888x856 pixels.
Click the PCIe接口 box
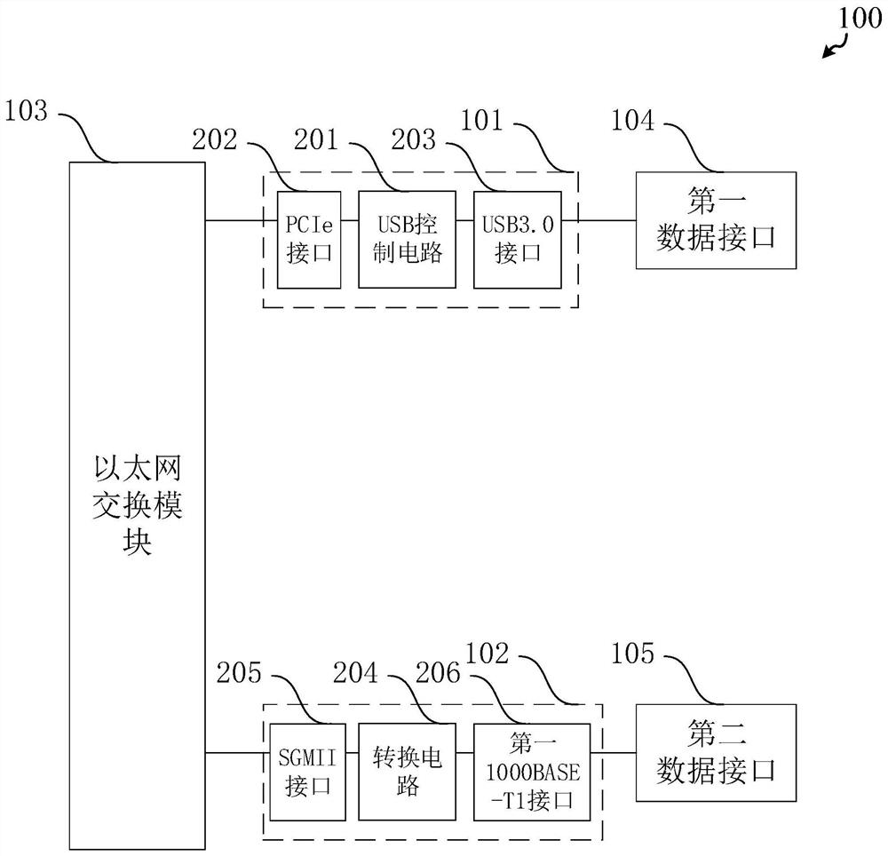(x=309, y=239)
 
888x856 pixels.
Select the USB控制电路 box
(x=407, y=239)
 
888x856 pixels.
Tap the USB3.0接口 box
(x=517, y=239)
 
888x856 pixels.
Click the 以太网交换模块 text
(x=137, y=504)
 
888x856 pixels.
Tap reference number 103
(x=32, y=112)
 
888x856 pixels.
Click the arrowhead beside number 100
(x=826, y=55)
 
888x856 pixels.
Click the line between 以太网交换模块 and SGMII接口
(x=234, y=753)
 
